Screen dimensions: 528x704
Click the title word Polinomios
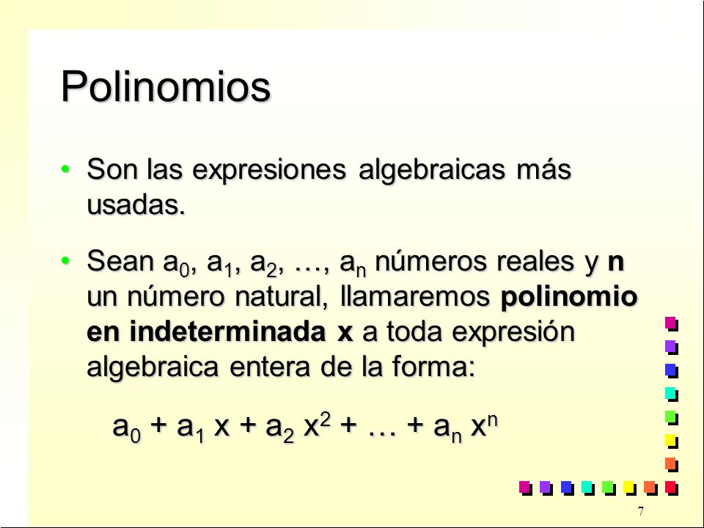[x=166, y=87]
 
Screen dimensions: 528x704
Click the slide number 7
[x=640, y=511]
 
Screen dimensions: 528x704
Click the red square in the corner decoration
[x=671, y=487]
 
